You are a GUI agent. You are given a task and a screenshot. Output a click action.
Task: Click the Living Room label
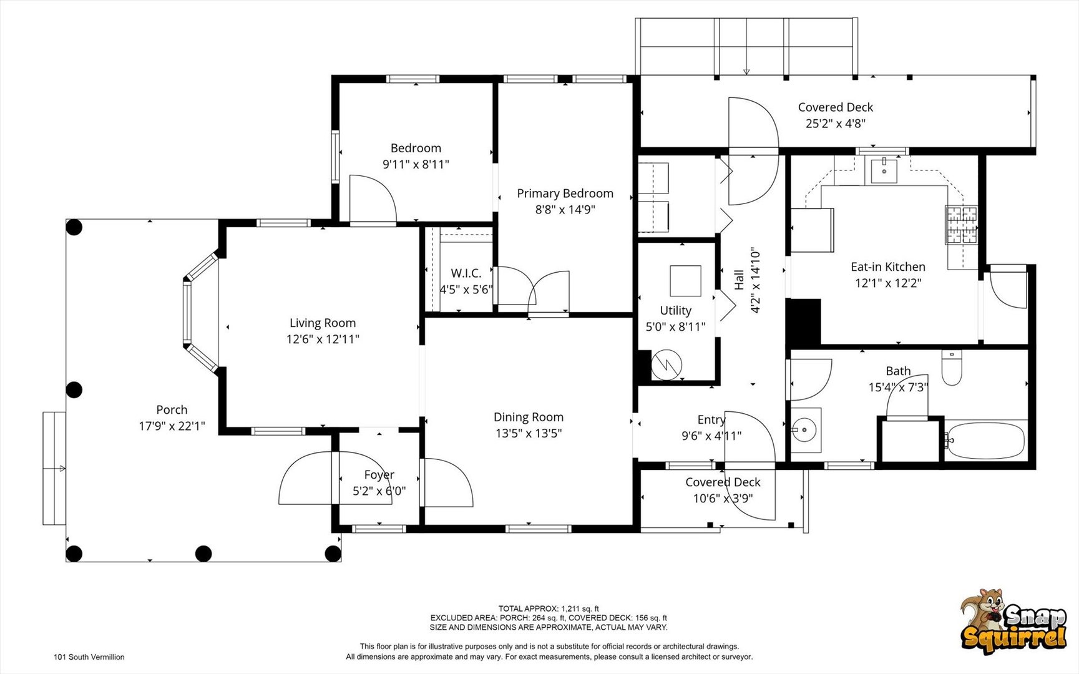(323, 323)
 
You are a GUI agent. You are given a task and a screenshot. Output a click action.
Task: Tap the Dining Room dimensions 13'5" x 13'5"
(529, 433)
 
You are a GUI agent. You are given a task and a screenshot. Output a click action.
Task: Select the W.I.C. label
(466, 273)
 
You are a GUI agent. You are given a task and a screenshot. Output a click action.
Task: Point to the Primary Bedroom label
(565, 193)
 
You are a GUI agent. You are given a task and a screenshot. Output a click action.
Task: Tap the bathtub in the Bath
(985, 441)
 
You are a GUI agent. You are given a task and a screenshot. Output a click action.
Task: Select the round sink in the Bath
(805, 429)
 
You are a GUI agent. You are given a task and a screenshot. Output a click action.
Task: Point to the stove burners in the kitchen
(961, 225)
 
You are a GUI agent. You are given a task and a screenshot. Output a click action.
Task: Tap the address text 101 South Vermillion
(89, 657)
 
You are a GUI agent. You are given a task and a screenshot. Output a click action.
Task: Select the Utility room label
(676, 310)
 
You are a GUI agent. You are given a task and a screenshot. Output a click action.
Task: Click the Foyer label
(379, 475)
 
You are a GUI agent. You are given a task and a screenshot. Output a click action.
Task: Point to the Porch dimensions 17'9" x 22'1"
(172, 426)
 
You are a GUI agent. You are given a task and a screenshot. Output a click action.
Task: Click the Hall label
(739, 280)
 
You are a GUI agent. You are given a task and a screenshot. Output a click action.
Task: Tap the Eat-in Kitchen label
(888, 266)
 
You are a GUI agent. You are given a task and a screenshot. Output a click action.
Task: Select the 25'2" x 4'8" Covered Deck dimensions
(836, 124)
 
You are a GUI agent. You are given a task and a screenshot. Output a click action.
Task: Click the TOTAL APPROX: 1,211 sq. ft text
(549, 608)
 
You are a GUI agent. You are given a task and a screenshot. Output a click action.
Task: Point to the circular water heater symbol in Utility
(666, 365)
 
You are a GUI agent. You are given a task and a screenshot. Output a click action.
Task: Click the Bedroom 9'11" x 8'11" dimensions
(416, 164)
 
